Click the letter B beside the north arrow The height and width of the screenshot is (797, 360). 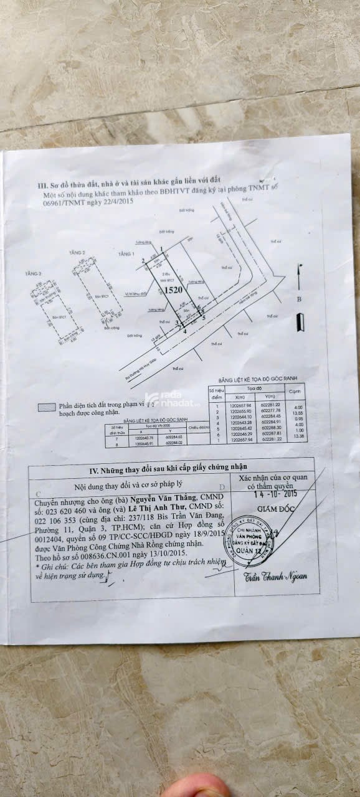tap(299, 299)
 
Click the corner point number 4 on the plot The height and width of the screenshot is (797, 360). tap(185, 331)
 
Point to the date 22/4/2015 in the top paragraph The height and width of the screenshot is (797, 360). tap(118, 201)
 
